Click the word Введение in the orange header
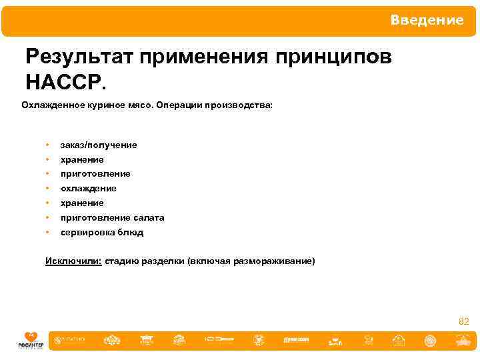point(427,21)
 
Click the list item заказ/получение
point(99,145)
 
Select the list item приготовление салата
point(112,217)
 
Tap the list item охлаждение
point(88,189)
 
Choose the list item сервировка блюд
point(101,233)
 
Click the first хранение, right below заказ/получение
point(82,160)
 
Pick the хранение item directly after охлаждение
point(82,203)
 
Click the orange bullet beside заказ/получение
point(47,145)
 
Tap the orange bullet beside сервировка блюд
point(47,233)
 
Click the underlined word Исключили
point(73,261)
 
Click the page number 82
point(464,322)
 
